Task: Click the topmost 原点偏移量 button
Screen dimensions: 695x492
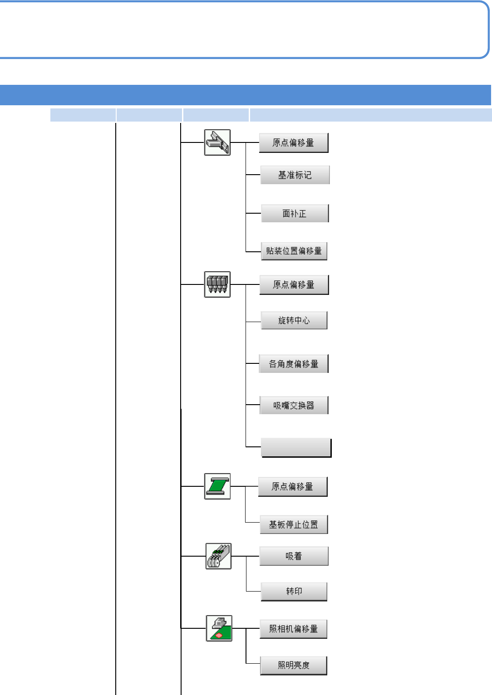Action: coord(294,143)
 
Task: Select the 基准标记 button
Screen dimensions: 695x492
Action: coord(295,175)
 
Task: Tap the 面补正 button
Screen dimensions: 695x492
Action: coord(295,213)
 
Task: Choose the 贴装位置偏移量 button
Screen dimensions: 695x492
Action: coord(294,251)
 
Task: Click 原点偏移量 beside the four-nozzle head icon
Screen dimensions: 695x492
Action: coord(294,285)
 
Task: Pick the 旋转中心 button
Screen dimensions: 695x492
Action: coord(294,320)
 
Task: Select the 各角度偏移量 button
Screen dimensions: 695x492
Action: coord(294,364)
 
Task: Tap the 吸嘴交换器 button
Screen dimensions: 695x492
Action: coord(294,406)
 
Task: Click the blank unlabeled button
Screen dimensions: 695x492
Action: coord(296,448)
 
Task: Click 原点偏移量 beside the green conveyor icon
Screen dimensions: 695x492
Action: coord(293,487)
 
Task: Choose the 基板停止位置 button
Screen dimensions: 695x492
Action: coord(294,524)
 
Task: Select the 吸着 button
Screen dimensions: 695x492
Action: coord(294,556)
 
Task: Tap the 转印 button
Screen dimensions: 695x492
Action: coord(294,592)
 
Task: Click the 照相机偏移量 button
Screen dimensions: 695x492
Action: coord(294,629)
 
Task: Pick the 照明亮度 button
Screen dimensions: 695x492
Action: coord(294,666)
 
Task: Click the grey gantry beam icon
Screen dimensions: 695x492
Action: coord(217,142)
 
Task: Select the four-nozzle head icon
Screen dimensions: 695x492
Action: coord(217,284)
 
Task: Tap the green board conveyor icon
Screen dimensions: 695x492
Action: coord(217,486)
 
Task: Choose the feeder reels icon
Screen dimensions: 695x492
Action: coord(218,556)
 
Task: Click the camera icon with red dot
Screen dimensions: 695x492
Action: coord(219,628)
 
